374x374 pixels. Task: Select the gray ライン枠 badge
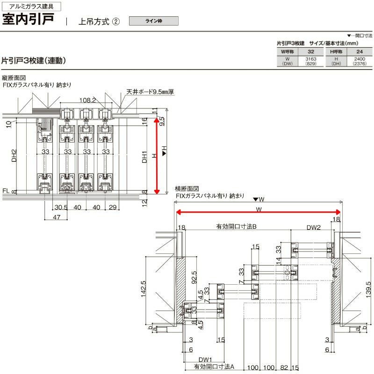coord(154,21)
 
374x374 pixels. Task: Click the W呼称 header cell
coord(287,51)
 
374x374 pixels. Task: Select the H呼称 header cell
coord(335,51)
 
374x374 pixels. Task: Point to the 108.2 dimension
coord(87,100)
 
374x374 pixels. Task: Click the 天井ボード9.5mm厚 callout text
coord(150,92)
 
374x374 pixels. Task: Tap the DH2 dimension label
coord(14,156)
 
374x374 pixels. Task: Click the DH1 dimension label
coord(145,157)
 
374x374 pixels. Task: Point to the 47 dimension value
coord(57,217)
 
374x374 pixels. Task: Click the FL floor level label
coord(6,191)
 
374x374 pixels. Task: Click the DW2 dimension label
coord(314,228)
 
